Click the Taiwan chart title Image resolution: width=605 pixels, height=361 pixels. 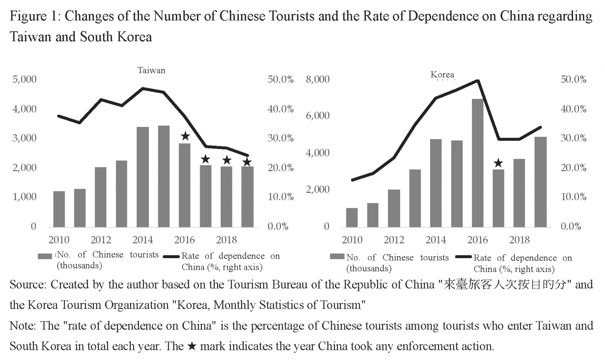[x=151, y=71]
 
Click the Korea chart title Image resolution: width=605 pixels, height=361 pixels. [x=442, y=74]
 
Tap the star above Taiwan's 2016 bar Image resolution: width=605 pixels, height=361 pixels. [x=185, y=136]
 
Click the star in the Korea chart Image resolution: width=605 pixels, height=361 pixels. [x=498, y=163]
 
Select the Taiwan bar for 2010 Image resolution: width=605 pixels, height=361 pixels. [x=59, y=209]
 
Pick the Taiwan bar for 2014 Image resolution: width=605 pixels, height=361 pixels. [x=143, y=177]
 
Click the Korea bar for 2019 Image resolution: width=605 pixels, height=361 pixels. [x=540, y=182]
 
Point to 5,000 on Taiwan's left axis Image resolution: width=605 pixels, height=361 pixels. [x=24, y=79]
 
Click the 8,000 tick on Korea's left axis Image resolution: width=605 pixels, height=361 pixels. [x=317, y=79]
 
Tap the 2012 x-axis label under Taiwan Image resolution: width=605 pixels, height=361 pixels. [x=101, y=240]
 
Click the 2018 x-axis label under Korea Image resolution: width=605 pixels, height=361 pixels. [x=519, y=240]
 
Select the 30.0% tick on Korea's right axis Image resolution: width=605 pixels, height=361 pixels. [x=573, y=138]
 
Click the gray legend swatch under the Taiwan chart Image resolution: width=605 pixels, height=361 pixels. [x=45, y=256]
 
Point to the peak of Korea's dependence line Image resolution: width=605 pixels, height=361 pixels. [x=477, y=80]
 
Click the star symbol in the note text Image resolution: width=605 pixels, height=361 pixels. [x=191, y=346]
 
